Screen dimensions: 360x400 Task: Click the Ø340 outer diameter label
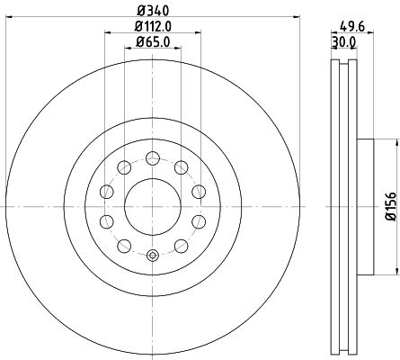(153, 10)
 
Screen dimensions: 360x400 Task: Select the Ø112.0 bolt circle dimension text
(153, 26)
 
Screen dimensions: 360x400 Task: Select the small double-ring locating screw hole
(152, 255)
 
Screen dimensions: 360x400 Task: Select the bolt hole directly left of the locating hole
(123, 246)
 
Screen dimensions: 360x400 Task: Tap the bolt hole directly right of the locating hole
(181, 246)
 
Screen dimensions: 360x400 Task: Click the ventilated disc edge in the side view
(341, 206)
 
